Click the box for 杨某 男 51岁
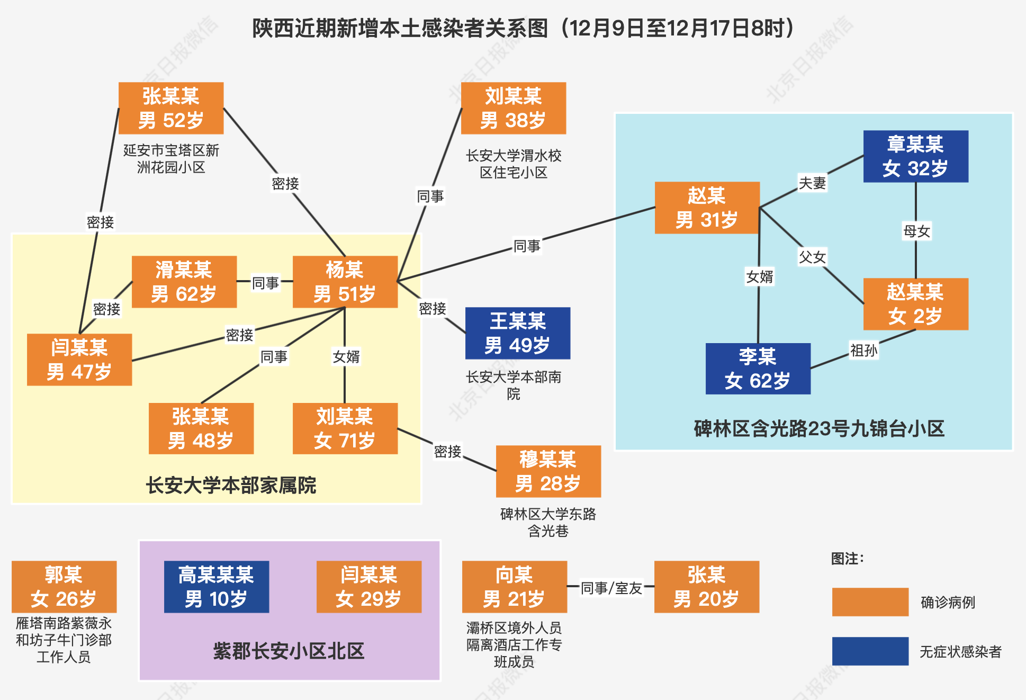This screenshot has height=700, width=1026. coord(345,282)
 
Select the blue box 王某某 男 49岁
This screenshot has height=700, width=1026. coord(518,333)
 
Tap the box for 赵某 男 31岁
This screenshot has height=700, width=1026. coord(707,208)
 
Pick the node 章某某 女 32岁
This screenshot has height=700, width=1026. coord(916,156)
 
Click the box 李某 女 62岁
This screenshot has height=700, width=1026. coord(758,369)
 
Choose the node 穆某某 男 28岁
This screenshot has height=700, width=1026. coord(548,471)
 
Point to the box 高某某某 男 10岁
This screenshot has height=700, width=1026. coord(217,587)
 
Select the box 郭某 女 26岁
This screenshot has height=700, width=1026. coord(64,587)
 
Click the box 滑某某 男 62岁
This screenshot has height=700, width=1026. coord(184,282)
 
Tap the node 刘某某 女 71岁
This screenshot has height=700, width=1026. coord(345,428)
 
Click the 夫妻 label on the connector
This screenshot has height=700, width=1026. coord(812,183)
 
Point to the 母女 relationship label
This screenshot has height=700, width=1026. coord(917,231)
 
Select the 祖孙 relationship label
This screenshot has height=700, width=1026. coord(864,350)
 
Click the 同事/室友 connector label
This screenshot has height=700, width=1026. coord(611,588)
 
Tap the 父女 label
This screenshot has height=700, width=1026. coord(812,257)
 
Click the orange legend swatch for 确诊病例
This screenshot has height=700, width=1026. coord(870,602)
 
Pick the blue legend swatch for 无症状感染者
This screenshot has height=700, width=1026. coord(870,651)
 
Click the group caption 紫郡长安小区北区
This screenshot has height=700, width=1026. coord(289,651)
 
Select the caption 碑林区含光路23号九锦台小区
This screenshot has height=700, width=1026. coord(819,428)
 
